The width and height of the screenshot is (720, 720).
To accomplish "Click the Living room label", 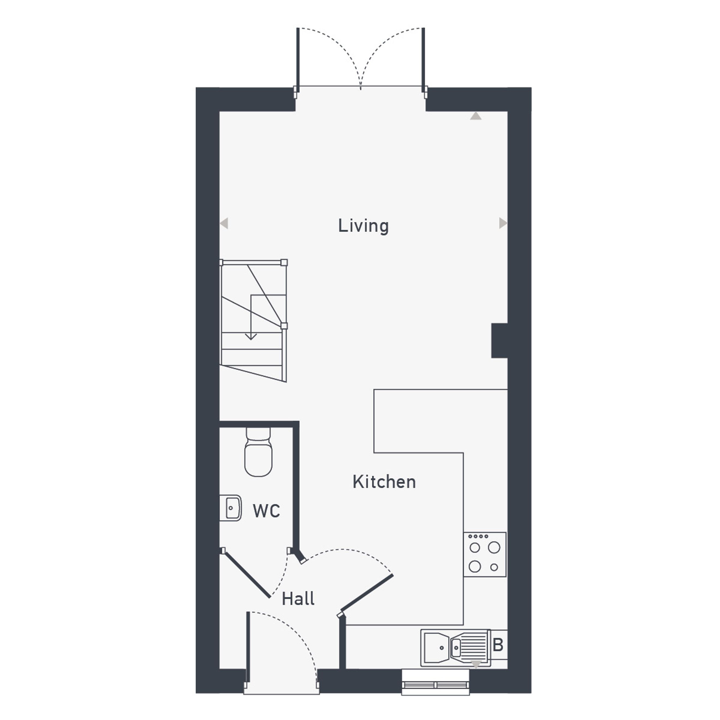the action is click(363, 226).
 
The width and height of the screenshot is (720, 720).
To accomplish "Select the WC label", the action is click(266, 511).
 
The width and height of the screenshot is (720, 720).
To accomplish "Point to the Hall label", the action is click(298, 599).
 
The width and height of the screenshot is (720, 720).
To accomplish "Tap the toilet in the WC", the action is click(258, 452).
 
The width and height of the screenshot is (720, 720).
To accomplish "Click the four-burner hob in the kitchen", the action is click(485, 554).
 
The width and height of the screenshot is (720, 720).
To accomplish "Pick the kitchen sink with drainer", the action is click(456, 648).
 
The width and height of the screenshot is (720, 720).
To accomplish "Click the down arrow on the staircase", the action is click(251, 317).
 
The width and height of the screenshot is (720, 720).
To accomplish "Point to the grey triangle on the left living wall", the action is click(224, 224).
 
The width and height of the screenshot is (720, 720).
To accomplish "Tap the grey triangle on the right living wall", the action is click(503, 223).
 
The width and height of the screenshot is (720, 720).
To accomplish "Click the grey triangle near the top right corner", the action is click(476, 116).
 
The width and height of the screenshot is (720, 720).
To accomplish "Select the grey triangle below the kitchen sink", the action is click(476, 664).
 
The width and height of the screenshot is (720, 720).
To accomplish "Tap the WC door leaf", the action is click(246, 574).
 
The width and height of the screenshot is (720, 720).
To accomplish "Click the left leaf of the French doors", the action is click(298, 60).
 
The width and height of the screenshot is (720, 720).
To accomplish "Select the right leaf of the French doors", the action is click(423, 60).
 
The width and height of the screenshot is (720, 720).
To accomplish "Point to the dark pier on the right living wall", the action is click(499, 341).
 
